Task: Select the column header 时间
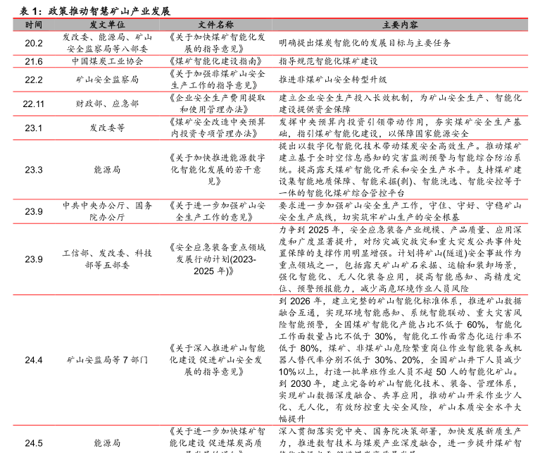click(x=33, y=24)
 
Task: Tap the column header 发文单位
click(x=107, y=24)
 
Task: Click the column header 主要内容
click(x=400, y=24)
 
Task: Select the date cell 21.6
click(x=33, y=61)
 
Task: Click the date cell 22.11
click(x=33, y=104)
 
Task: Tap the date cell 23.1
click(x=33, y=128)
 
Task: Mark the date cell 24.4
click(x=33, y=360)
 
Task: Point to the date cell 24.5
click(x=33, y=442)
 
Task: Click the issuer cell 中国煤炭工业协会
click(x=107, y=61)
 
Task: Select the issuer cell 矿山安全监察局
click(x=107, y=80)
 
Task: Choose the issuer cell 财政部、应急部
click(x=107, y=104)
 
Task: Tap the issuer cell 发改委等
click(x=107, y=128)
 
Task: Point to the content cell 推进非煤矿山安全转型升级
click(x=333, y=80)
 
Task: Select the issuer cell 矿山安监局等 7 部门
click(x=107, y=360)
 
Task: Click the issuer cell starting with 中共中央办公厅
click(x=107, y=211)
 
